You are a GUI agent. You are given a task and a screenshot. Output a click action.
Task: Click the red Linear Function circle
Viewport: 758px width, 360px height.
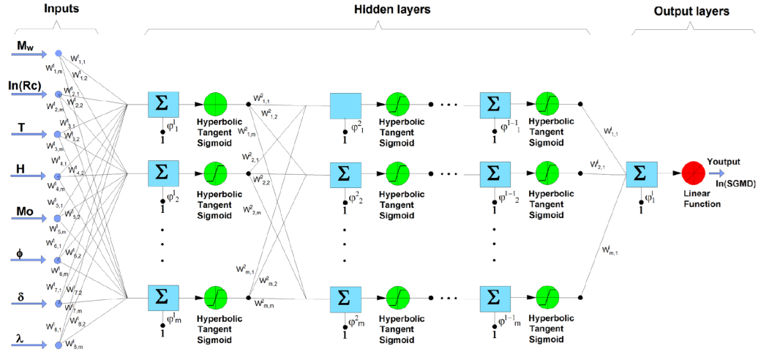pyautogui.click(x=691, y=174)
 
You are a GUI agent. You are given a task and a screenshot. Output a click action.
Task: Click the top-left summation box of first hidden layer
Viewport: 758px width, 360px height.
pyautogui.click(x=162, y=104)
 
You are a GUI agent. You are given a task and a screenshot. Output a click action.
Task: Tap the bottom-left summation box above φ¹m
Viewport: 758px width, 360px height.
pyautogui.click(x=162, y=298)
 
